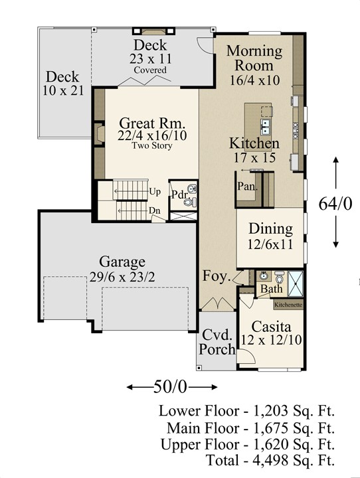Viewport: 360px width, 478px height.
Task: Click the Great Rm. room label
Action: point(152,123)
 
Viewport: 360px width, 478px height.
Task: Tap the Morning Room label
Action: point(254,58)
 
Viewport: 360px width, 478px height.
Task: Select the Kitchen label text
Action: point(254,143)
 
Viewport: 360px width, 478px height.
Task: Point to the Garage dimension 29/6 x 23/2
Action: point(122,277)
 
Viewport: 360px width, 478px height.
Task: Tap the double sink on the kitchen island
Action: point(266,127)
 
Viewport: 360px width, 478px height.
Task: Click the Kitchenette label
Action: point(288,305)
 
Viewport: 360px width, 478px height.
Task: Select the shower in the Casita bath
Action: point(296,284)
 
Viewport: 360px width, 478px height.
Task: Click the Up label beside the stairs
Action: point(155,192)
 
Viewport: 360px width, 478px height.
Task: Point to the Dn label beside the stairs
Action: point(154,210)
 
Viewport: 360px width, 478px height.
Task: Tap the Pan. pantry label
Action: point(248,186)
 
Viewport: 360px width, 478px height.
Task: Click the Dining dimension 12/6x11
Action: point(270,244)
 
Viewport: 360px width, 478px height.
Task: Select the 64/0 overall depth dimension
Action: point(335,203)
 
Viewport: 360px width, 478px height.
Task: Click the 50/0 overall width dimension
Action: point(170,387)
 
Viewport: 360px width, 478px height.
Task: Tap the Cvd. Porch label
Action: point(217,342)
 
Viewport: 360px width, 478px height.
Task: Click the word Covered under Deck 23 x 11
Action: point(150,70)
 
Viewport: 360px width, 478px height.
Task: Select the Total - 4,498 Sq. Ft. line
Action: point(270,460)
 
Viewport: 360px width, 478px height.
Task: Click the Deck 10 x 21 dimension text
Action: point(63,90)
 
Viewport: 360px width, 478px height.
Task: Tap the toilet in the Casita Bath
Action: point(279,277)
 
